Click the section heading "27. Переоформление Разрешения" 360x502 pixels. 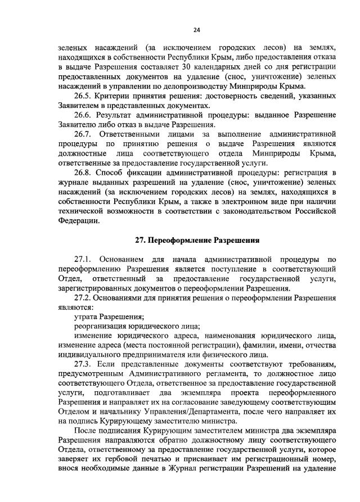[x=197, y=240]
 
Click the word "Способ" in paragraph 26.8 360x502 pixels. [x=110, y=173]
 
